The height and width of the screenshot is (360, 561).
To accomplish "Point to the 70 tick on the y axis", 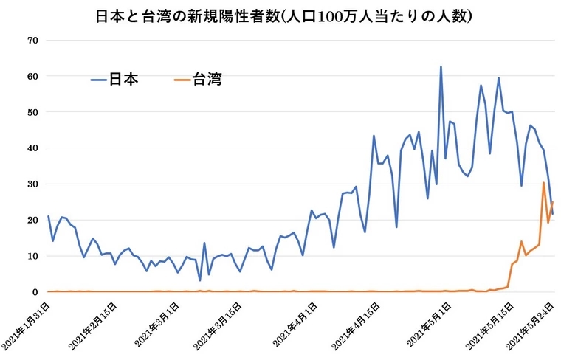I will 32,40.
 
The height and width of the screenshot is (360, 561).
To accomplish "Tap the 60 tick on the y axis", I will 32,76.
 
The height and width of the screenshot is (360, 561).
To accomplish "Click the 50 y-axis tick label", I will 32,112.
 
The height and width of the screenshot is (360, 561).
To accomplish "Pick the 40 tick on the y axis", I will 32,148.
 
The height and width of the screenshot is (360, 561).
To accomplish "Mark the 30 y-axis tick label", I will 32,184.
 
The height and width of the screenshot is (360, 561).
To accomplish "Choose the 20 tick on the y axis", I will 32,220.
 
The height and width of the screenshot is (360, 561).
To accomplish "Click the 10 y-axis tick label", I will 32,256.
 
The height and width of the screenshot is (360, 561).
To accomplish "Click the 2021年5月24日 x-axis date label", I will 530,323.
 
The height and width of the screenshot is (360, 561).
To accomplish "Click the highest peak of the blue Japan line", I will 441,67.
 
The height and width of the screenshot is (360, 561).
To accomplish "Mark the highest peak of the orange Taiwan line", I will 544,183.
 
